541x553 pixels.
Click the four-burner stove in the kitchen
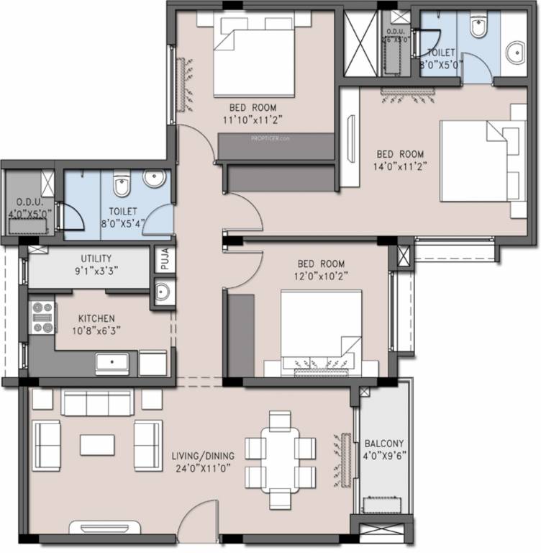42,318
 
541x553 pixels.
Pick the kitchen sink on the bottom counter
112,362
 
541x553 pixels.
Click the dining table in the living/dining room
280,459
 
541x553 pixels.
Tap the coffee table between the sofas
97,444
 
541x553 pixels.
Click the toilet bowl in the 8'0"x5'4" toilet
121,186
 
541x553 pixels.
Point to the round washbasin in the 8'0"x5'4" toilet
153,179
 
